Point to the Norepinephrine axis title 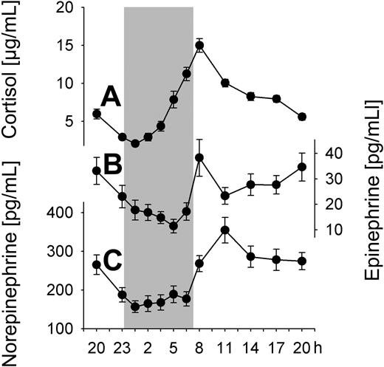coord(11,263)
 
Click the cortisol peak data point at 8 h coord(199,45)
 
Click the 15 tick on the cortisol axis coord(65,46)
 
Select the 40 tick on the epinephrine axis coord(333,153)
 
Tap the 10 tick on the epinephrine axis coord(333,230)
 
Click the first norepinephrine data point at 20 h coord(96,264)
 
